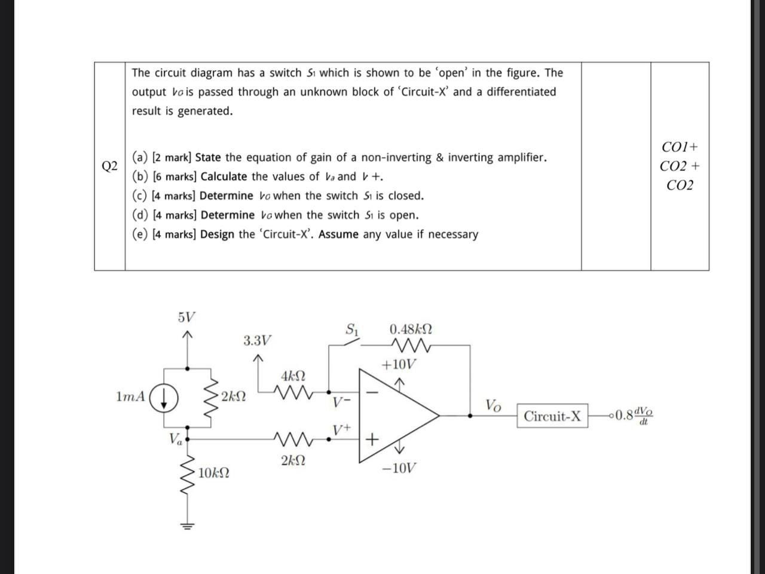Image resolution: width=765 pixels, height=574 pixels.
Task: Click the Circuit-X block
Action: point(552,416)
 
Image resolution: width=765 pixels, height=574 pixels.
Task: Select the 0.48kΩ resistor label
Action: point(411,329)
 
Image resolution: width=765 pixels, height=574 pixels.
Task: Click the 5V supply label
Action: point(186,317)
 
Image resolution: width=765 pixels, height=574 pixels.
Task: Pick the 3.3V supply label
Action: point(257,341)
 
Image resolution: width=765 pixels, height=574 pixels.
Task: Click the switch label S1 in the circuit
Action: point(352,329)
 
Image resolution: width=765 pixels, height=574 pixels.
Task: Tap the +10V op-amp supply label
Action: point(399,365)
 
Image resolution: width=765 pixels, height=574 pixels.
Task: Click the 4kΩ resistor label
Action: point(293,376)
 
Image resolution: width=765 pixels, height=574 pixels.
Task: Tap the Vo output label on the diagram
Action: point(493,405)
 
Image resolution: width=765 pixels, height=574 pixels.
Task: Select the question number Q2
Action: point(109,166)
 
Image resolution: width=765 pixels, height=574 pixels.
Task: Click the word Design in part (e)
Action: point(217,234)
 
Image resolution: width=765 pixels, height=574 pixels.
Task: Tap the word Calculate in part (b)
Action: point(224,176)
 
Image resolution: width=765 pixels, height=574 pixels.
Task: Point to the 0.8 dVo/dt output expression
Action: point(634,414)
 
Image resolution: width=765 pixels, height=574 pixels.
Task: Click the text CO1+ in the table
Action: point(680,147)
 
